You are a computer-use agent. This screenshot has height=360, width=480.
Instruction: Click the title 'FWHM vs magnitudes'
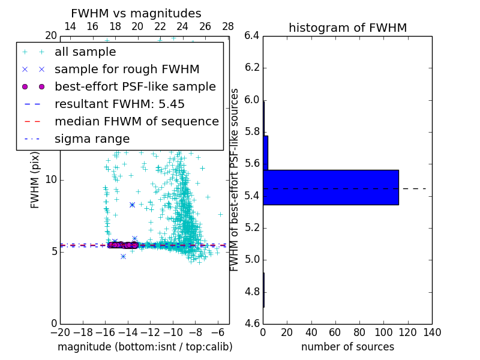point(136,13)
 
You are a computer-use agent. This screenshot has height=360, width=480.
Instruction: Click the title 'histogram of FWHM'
point(347,28)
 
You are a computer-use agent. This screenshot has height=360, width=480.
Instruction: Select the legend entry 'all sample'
point(85,52)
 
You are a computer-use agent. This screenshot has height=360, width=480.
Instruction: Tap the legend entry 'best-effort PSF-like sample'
point(135,86)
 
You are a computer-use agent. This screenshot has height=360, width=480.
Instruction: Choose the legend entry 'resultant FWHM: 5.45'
point(119,104)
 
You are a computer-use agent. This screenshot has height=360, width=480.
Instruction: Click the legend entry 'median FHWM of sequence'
point(136,121)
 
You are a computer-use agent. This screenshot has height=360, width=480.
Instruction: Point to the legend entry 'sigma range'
point(92,139)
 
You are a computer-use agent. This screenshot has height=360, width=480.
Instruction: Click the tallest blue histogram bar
point(331,187)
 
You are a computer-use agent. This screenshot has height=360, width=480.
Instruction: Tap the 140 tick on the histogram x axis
point(432,332)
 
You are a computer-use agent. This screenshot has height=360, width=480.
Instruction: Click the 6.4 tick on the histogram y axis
point(252,36)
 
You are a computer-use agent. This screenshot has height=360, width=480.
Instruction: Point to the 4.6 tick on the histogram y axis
point(252,323)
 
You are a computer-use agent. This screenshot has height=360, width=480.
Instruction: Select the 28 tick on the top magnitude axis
point(228,27)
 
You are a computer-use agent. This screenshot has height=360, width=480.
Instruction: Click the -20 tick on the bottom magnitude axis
point(60,332)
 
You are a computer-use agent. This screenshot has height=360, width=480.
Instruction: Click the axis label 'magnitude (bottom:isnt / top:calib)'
point(145,347)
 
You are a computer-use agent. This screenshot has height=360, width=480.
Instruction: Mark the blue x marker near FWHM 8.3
point(132,205)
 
